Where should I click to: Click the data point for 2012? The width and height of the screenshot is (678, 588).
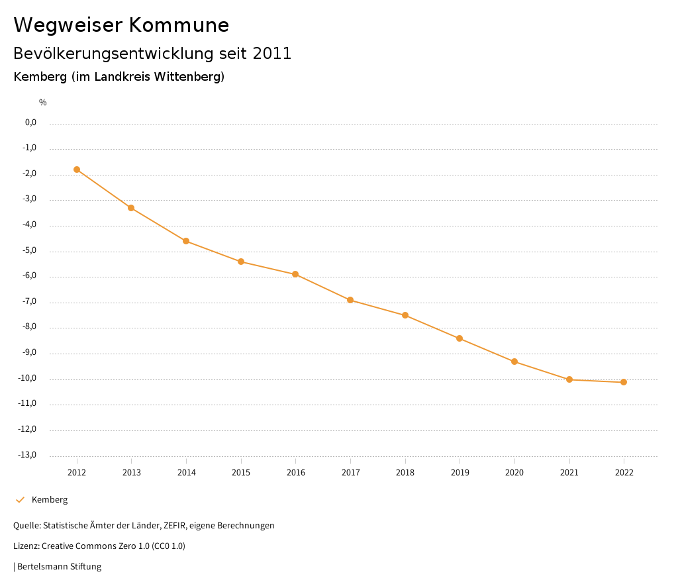tap(77, 170)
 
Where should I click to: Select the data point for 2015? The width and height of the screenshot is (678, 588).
tap(241, 262)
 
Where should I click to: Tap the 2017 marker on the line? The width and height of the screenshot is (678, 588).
tap(350, 300)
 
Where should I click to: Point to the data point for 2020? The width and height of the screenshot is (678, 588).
tap(514, 362)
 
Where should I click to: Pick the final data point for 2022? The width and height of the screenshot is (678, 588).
tap(624, 382)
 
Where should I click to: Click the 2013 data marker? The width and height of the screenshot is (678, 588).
tap(131, 208)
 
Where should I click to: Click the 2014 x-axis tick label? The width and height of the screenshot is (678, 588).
tap(186, 472)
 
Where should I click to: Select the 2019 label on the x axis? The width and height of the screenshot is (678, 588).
tap(460, 472)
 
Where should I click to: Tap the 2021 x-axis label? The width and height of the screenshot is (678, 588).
tap(569, 472)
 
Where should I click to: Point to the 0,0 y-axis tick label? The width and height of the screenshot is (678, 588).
tap(30, 122)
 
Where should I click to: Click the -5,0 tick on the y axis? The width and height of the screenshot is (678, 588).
tap(30, 250)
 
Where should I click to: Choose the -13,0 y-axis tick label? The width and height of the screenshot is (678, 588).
tap(28, 455)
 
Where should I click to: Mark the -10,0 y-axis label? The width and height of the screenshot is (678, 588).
tap(28, 378)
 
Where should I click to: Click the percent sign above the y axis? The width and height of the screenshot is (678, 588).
tap(43, 102)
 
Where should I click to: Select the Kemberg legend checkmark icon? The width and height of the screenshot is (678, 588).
tap(20, 499)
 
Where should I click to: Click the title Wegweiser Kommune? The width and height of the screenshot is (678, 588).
tap(121, 25)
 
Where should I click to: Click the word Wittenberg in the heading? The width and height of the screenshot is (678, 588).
tap(188, 77)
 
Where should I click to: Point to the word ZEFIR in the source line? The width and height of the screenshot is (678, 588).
tap(175, 525)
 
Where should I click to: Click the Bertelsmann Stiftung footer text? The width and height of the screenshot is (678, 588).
tap(59, 566)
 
